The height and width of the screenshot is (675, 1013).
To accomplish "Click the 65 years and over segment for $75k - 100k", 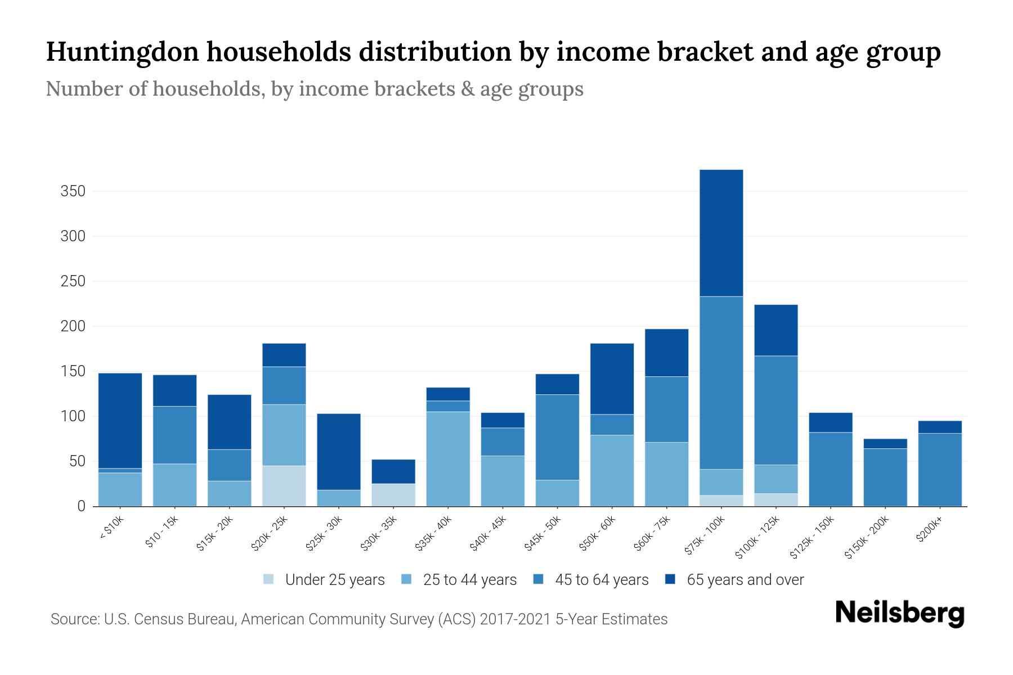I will pos(721,233).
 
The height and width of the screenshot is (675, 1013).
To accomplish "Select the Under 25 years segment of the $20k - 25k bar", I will pos(284,486).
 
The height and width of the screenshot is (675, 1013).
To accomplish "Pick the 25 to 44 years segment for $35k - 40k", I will pos(448,459).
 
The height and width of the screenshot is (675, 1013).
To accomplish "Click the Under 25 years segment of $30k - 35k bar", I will pos(393,495).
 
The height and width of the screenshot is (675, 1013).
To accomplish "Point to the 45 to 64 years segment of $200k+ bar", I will pos(939,470).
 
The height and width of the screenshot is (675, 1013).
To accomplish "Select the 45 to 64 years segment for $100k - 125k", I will pos(776,410).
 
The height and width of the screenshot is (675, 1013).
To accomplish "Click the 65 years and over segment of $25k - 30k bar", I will pos(338,452).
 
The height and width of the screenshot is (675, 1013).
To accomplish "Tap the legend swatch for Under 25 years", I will pos(268,579).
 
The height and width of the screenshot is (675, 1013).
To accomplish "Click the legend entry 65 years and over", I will pos(745,580).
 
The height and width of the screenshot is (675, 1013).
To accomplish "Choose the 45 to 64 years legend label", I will pos(601,580).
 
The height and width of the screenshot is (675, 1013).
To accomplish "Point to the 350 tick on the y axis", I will pos(73,191).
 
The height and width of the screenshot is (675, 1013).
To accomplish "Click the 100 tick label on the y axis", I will pos(73,417).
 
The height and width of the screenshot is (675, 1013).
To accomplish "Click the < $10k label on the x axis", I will pos(111,529).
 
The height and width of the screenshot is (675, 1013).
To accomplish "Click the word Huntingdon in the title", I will pos(122,52).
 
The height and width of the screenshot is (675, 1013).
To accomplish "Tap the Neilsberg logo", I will pos(899,613).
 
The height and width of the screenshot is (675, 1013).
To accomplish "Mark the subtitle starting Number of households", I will pos(314,89).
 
